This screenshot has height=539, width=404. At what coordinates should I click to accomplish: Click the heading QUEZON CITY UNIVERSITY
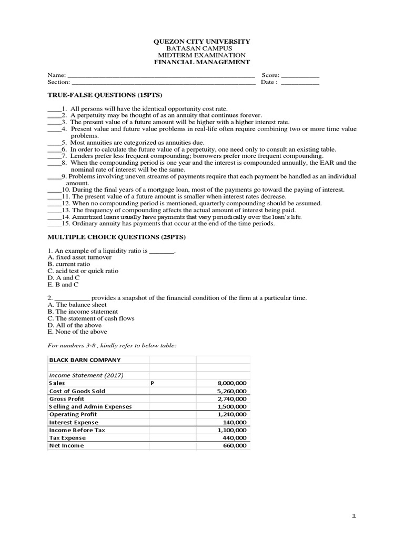coord(201,42)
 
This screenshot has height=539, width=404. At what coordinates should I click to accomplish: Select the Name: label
coord(54,75)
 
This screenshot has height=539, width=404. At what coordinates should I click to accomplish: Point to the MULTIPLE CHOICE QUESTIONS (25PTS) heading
coord(116,237)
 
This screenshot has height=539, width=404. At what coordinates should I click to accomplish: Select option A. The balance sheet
coord(77,305)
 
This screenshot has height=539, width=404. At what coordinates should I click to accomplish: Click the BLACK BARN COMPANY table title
coord(85,360)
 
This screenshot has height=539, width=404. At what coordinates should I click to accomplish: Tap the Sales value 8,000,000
coord(231,384)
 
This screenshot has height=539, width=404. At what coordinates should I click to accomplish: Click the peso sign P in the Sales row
coord(152,384)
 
